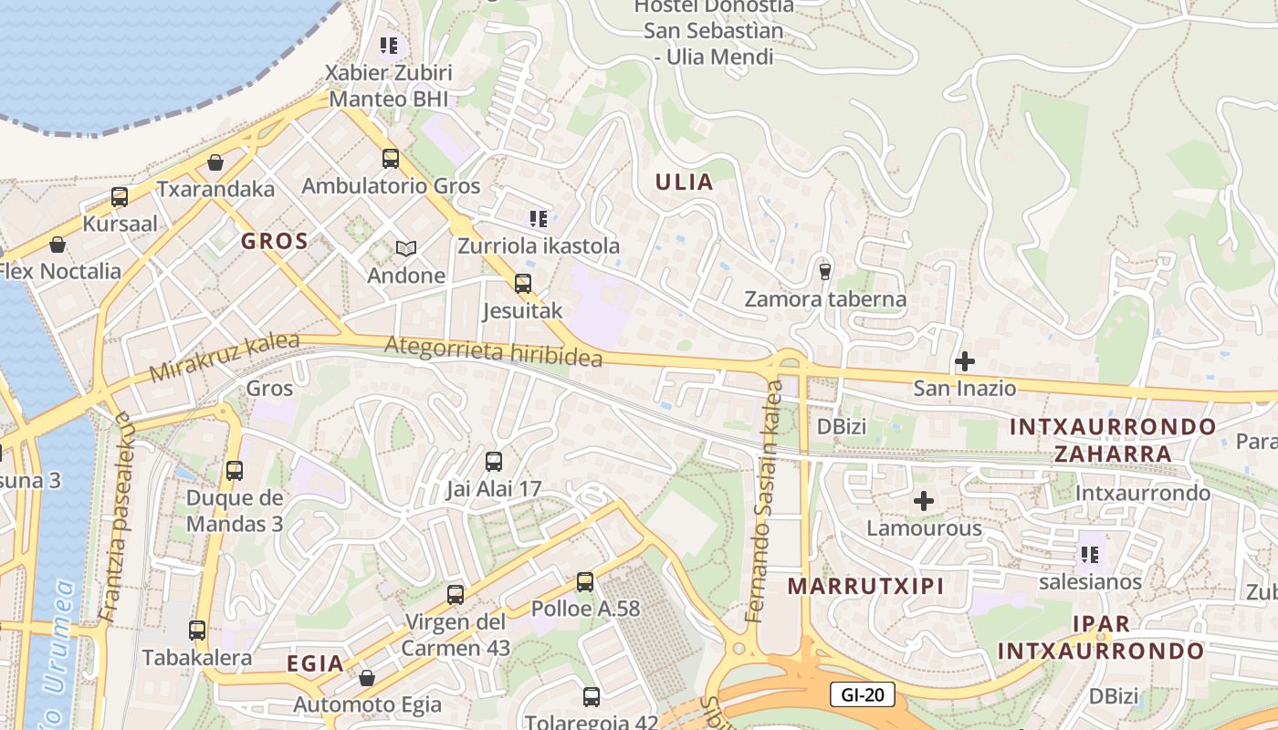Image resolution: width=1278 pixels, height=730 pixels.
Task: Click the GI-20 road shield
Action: (863, 695)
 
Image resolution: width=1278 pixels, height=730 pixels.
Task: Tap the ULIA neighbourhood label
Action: (684, 182)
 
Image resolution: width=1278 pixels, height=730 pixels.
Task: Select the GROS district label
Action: (274, 241)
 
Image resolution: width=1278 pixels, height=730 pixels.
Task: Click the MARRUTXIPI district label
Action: (865, 586)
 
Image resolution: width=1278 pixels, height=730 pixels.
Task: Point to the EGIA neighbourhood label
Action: (315, 663)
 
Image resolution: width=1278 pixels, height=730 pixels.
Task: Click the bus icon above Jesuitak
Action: (522, 283)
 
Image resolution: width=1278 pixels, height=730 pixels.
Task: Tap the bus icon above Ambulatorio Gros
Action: (391, 158)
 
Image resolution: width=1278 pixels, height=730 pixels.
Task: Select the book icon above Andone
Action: (405, 248)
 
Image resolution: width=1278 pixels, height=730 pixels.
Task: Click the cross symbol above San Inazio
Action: (964, 361)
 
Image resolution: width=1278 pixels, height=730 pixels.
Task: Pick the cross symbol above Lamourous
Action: (924, 501)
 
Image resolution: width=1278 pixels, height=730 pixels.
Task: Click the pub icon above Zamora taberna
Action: (825, 271)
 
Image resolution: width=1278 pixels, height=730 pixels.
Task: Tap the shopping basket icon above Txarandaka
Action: (215, 162)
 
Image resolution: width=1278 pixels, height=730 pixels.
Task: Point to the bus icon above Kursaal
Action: (120, 196)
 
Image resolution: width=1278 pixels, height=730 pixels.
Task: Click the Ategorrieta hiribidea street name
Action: (493, 351)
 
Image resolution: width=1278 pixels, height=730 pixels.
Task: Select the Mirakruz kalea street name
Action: (225, 357)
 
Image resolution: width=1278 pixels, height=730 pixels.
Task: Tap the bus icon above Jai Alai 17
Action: (494, 461)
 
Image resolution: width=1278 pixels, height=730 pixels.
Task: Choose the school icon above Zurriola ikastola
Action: (539, 218)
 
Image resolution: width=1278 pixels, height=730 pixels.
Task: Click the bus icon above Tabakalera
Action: (197, 630)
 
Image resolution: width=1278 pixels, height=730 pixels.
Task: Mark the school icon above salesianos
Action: (1089, 554)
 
